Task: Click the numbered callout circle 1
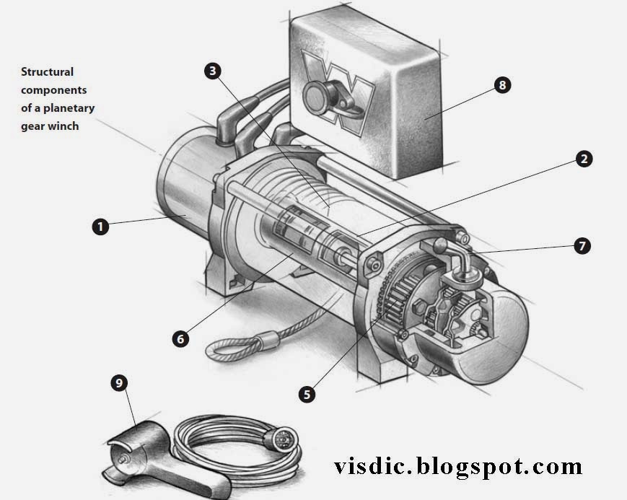pyautogui.click(x=101, y=227)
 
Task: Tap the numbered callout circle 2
pyautogui.click(x=583, y=159)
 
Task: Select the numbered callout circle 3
pyautogui.click(x=212, y=71)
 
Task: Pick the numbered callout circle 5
pyautogui.click(x=307, y=394)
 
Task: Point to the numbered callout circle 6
pyautogui.click(x=180, y=338)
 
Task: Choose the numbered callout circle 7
pyautogui.click(x=582, y=246)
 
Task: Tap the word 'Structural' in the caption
pyautogui.click(x=48, y=72)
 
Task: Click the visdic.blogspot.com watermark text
pyautogui.click(x=458, y=466)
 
